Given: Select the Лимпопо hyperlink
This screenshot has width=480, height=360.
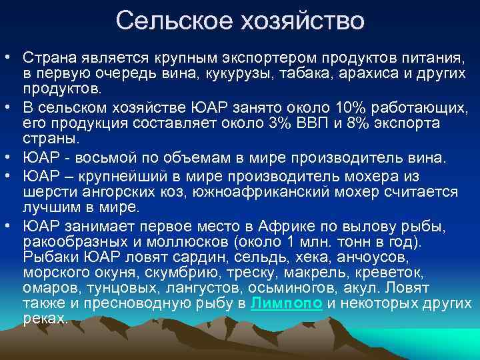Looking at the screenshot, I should (x=285, y=303).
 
